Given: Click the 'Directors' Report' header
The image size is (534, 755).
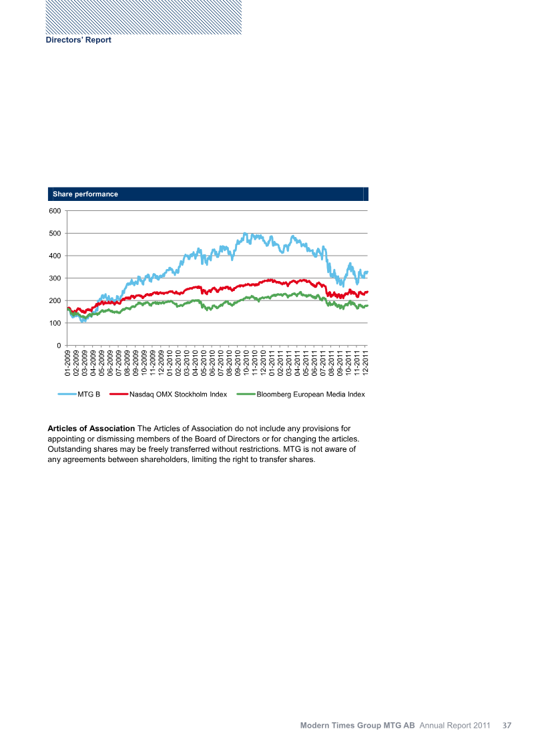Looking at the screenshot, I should click(x=78, y=40).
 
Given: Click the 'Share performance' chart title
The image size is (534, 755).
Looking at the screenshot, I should click(x=85, y=194).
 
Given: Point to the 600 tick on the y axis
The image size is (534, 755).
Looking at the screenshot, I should click(x=55, y=211).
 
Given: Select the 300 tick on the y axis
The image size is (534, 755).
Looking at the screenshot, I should click(x=55, y=278).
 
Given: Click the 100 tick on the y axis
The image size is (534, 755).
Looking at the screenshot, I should click(x=55, y=323).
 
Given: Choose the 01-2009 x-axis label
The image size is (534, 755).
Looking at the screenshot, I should click(x=68, y=364).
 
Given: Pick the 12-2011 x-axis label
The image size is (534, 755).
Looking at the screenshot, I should click(x=365, y=364).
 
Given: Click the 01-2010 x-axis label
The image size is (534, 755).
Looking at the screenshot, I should click(x=170, y=364).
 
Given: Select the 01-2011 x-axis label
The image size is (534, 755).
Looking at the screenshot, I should click(x=272, y=364).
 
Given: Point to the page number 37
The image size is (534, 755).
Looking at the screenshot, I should click(x=507, y=725).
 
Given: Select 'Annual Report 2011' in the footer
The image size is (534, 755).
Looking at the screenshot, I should click(x=455, y=725).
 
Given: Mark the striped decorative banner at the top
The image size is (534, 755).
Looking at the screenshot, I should click(x=144, y=17).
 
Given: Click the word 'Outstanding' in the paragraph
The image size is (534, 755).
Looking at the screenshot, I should click(x=71, y=449).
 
